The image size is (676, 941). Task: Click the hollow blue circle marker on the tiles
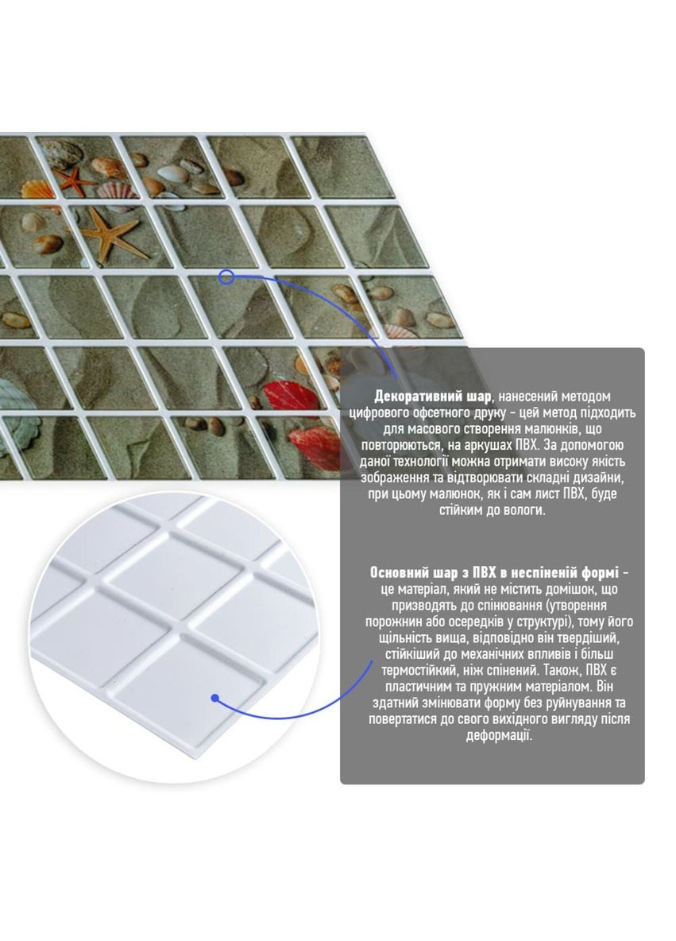click(x=226, y=277)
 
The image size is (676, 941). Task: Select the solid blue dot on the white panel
click(x=214, y=698)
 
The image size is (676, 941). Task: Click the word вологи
click(x=521, y=510)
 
